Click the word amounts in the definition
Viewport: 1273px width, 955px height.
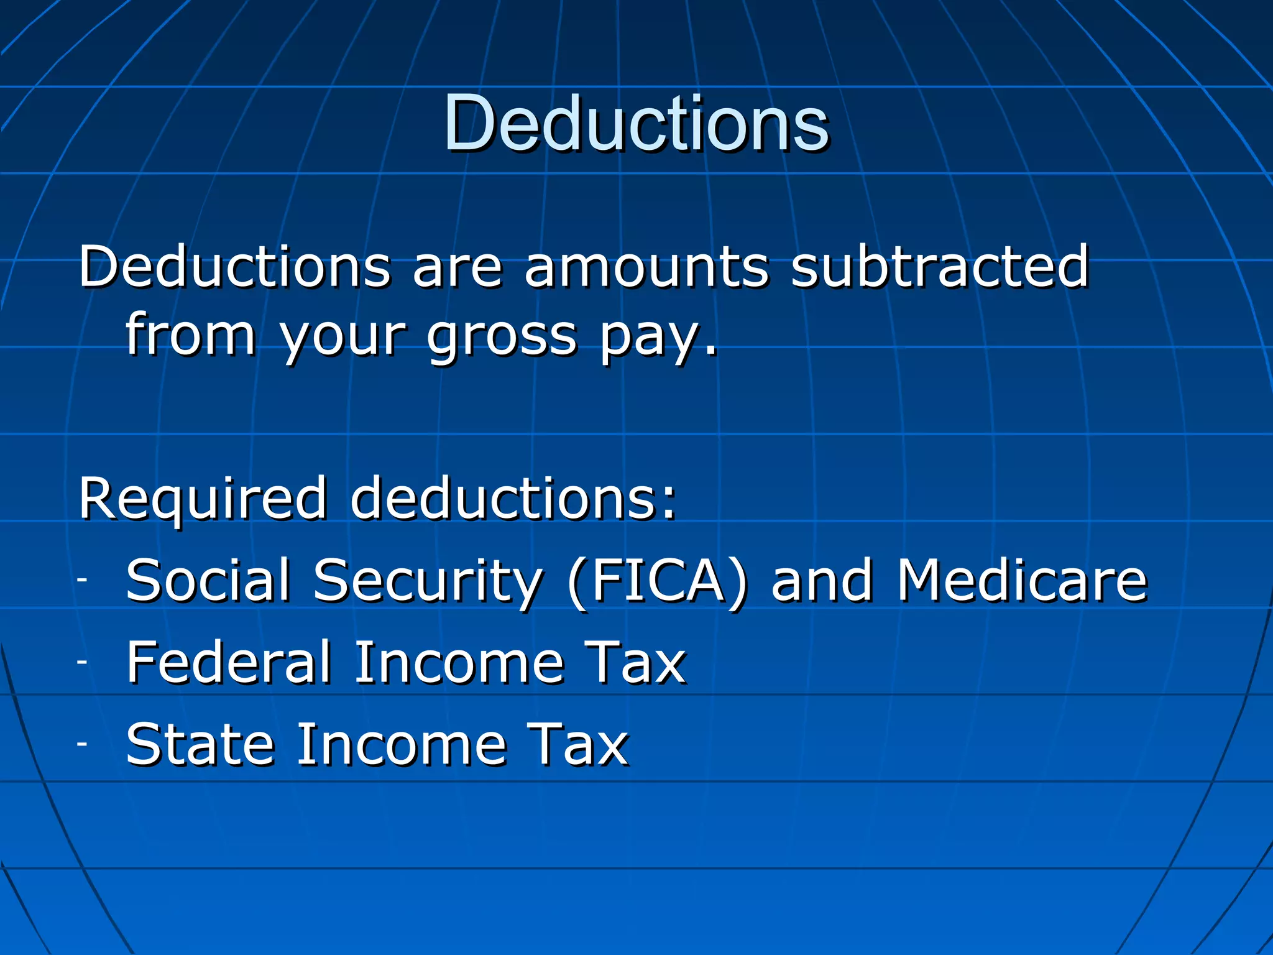click(x=646, y=267)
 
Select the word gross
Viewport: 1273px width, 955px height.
click(x=502, y=336)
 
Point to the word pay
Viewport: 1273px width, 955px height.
click(x=658, y=336)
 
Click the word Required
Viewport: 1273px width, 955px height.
click(x=202, y=499)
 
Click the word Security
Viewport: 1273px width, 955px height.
click(x=428, y=582)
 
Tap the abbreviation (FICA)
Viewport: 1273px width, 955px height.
click(x=658, y=582)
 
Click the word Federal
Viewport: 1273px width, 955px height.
click(x=229, y=663)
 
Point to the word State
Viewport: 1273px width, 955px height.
click(x=200, y=744)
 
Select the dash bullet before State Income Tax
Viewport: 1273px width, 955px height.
click(x=83, y=744)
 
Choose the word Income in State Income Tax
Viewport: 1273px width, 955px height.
click(x=401, y=744)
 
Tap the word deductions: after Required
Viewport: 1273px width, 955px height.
click(x=513, y=499)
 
